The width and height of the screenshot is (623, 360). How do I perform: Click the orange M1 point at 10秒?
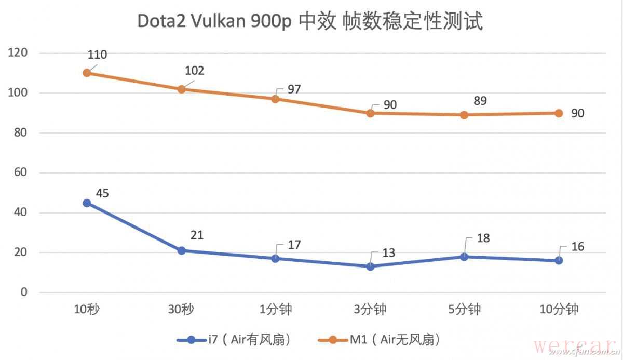click(87, 73)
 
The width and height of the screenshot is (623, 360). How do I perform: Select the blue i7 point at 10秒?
click(87, 203)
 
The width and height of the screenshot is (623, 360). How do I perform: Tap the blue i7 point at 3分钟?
click(370, 266)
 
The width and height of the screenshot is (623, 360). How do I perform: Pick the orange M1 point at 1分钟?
click(276, 99)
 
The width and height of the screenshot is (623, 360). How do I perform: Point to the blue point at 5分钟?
click(464, 257)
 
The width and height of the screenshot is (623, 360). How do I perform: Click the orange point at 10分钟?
click(559, 113)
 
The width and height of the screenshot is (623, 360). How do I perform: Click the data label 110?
click(98, 55)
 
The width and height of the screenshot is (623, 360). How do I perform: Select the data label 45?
click(103, 193)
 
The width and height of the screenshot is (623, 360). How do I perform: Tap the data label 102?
click(195, 71)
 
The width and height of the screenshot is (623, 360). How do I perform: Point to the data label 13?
click(388, 253)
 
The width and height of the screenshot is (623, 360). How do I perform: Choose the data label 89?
click(480, 101)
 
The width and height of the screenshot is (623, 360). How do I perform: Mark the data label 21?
click(197, 235)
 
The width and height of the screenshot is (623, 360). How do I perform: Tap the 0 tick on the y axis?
click(24, 292)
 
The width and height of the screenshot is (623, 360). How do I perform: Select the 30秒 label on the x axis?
click(182, 310)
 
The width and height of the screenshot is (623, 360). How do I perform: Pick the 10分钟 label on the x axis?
click(559, 310)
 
